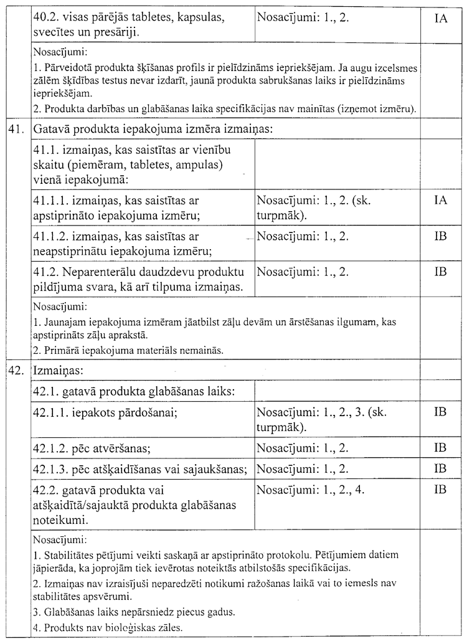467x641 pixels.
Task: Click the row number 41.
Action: pyautogui.click(x=16, y=130)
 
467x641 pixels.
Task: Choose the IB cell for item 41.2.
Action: pyautogui.click(x=440, y=272)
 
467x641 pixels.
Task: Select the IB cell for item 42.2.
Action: pyautogui.click(x=440, y=490)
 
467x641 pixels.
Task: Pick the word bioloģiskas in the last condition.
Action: pyautogui.click(x=125, y=628)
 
